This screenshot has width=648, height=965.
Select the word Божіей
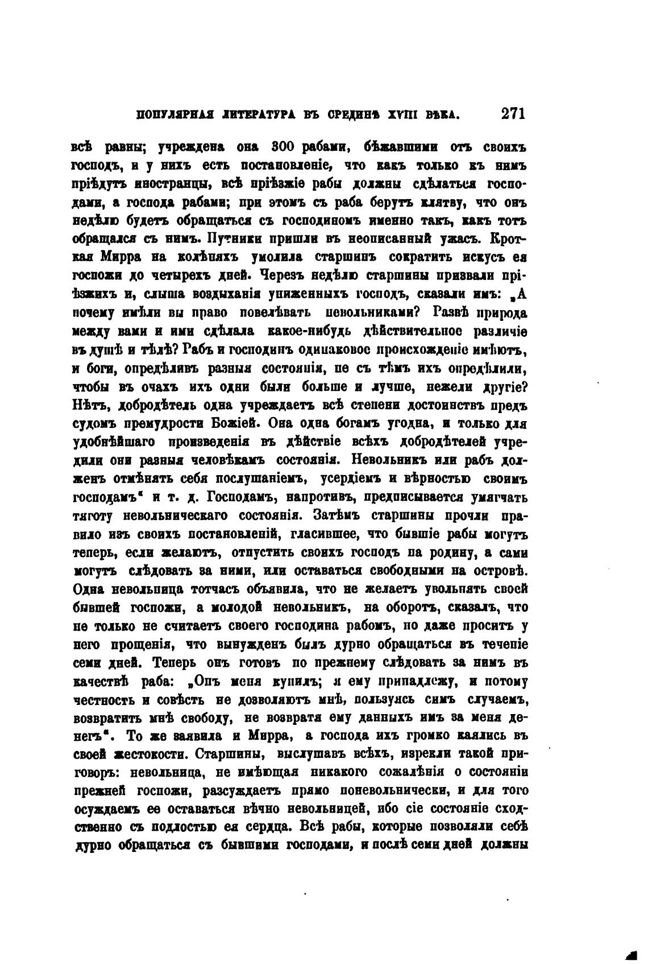[x=239, y=424]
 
